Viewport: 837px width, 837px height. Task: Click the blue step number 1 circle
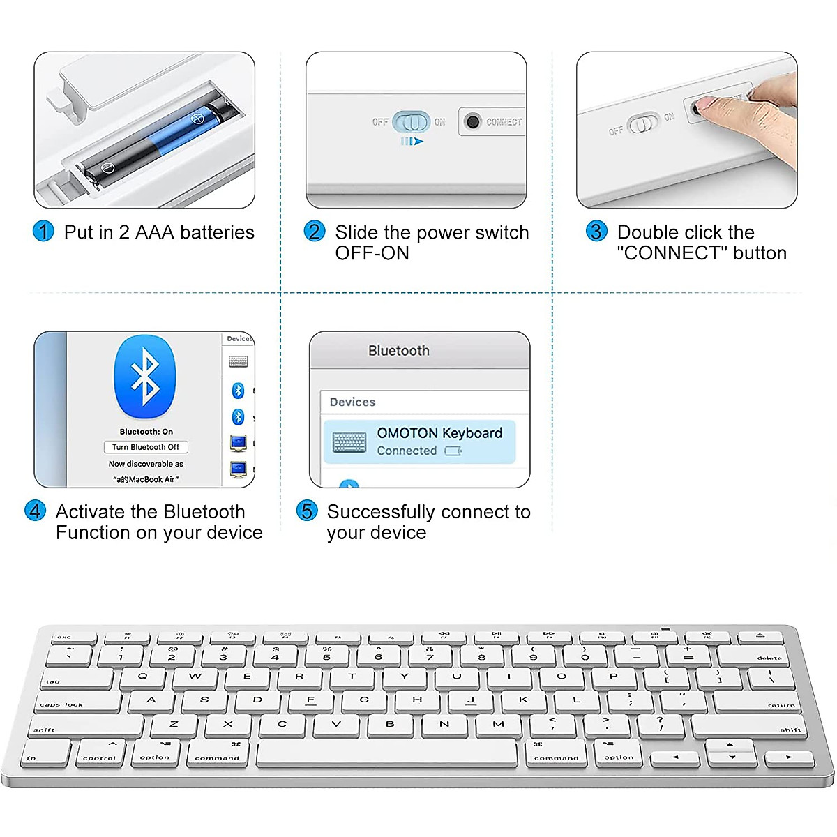(43, 232)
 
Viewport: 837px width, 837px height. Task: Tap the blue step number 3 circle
(596, 232)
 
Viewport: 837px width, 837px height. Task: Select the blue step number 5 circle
(307, 511)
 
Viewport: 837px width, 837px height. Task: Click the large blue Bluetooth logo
(145, 377)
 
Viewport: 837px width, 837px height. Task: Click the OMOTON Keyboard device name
(439, 433)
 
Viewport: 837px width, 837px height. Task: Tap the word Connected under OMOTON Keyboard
(407, 451)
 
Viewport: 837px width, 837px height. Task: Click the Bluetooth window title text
(399, 351)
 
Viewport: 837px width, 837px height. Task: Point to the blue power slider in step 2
(412, 122)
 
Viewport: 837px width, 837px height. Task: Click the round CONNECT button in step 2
(473, 122)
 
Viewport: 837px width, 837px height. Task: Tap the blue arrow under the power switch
(412, 142)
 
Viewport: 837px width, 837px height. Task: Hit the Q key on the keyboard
(143, 677)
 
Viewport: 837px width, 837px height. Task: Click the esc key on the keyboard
(66, 636)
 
